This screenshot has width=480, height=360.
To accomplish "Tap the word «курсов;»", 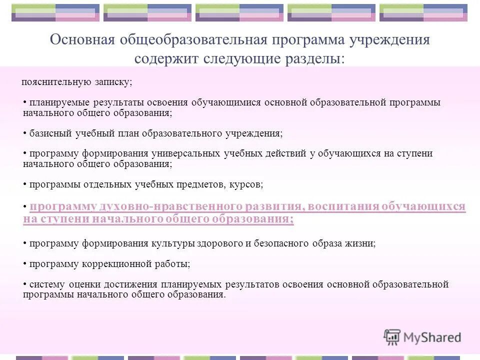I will (x=246, y=184).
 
